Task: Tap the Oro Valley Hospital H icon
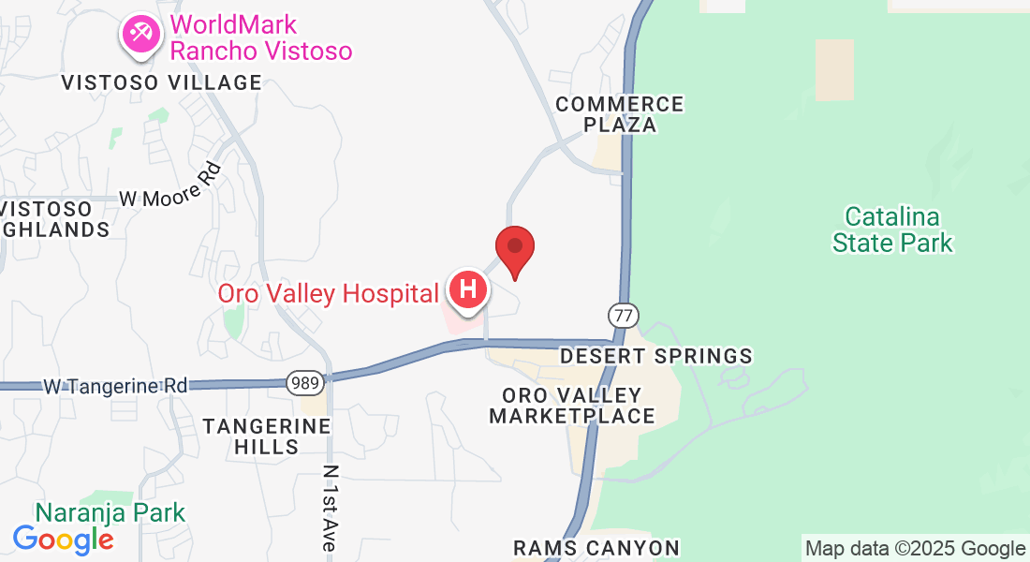pos(468,290)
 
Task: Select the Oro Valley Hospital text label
pos(328,293)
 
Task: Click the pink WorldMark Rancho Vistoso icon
pos(140,34)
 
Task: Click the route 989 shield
pos(306,382)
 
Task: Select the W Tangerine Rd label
pos(115,385)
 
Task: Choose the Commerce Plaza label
pos(620,113)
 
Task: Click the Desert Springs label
pos(655,356)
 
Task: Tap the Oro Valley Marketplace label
pos(572,406)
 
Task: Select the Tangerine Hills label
pos(268,436)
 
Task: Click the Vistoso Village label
pos(162,82)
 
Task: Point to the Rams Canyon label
pos(596,547)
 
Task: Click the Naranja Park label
pos(110,512)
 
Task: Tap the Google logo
pos(63,540)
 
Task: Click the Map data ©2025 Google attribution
pos(916,549)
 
